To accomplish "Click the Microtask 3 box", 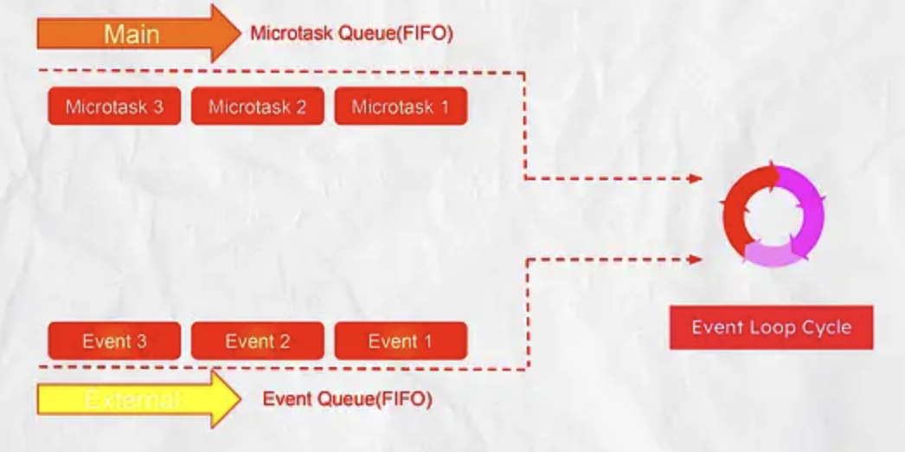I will [x=114, y=107].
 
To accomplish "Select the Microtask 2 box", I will [x=257, y=107].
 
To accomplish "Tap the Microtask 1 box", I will [x=401, y=107].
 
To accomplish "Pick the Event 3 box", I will [x=114, y=341].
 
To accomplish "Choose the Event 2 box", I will [x=257, y=341].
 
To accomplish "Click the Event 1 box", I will [x=401, y=341].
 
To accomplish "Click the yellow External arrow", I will [x=138, y=399].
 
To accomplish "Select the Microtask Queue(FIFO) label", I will [x=351, y=34].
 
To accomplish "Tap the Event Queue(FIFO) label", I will [x=347, y=399].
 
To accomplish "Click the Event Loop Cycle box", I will [x=771, y=327].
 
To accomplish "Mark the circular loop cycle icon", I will [x=773, y=216].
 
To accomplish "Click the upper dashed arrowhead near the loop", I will [x=695, y=178].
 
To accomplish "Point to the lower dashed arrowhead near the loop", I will [x=695, y=258].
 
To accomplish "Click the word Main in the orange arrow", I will [x=132, y=34].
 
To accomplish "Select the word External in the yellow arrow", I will [x=132, y=400].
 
